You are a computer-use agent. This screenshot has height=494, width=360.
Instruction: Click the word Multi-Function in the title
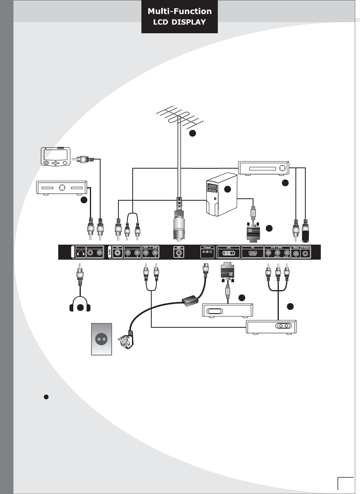pos(179,12)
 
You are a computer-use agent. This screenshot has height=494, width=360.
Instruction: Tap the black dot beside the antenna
pos(192,134)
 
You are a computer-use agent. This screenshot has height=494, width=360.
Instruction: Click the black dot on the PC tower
pos(227,190)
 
